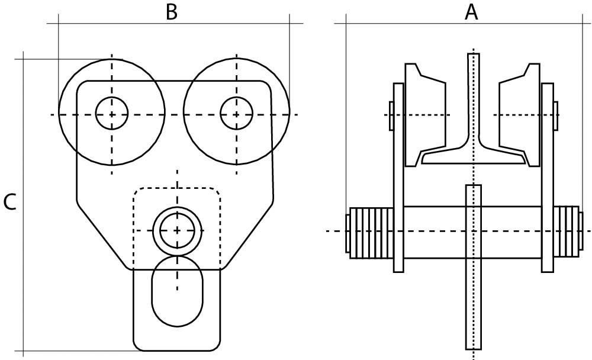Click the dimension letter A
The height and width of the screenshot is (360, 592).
coord(471,12)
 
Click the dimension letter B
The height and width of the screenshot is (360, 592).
coord(171,12)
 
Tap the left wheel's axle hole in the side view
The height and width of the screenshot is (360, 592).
coord(112,112)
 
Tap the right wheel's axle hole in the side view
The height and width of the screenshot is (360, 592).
coord(236,112)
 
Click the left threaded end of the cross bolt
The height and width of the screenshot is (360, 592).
coord(370,232)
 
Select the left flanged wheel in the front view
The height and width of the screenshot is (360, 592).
coord(424,115)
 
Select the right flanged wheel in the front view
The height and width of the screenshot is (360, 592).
coord(520,115)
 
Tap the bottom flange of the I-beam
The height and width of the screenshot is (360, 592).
coord(474,157)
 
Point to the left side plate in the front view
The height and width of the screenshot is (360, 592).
coord(398,178)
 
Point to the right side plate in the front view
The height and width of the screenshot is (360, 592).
coord(548,178)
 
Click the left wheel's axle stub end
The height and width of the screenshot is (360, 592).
coord(391,116)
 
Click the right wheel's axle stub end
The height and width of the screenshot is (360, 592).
coord(555,116)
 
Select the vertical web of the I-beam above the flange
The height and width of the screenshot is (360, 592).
coord(473,95)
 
